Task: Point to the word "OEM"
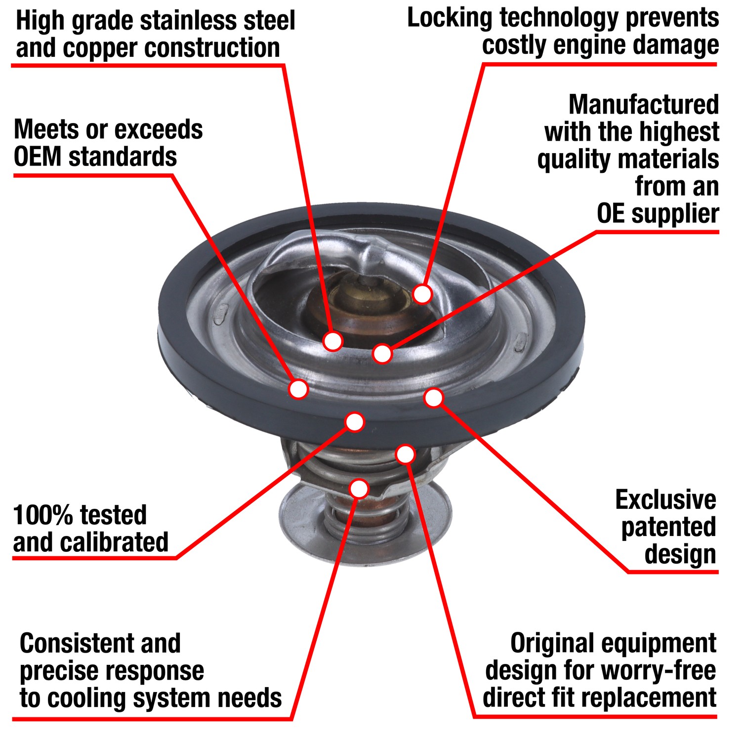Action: point(38,157)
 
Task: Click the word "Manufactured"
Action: point(643,105)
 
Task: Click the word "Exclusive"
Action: point(665,500)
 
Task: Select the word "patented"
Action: point(668,527)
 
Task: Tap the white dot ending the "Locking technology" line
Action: point(422,294)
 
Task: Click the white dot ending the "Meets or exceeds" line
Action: point(298,389)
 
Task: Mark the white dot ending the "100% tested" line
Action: point(355,422)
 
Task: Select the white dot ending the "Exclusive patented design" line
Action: point(434,398)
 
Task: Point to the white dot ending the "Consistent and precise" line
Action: point(359,489)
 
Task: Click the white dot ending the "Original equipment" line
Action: point(406,454)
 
